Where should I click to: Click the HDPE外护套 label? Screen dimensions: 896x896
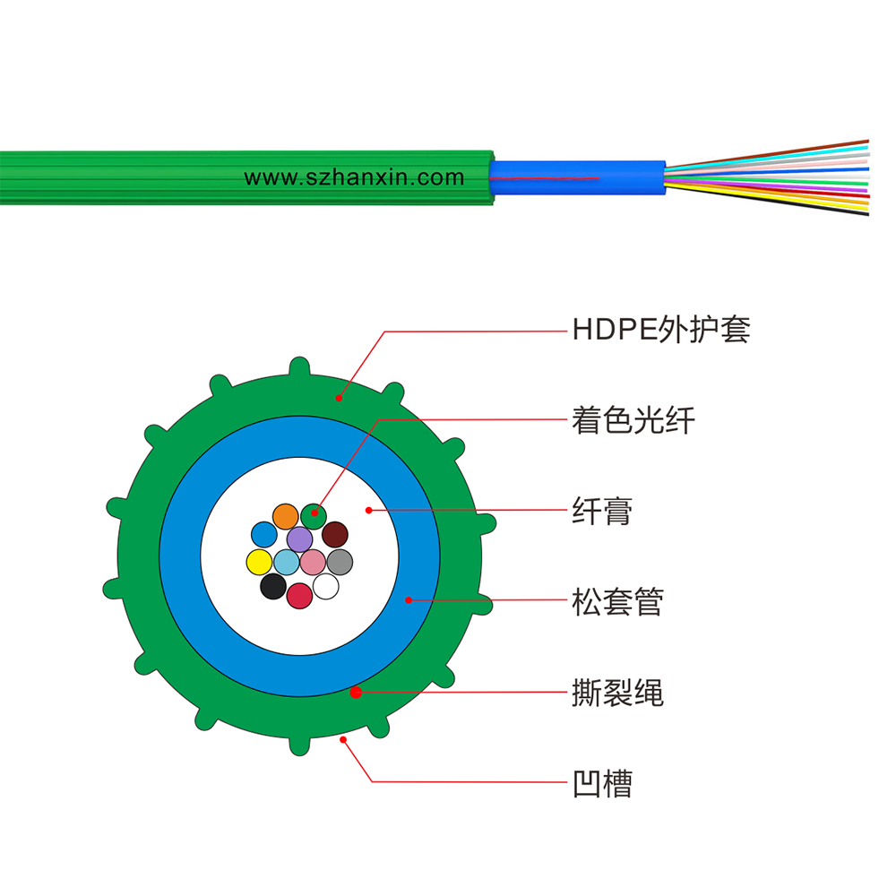point(661,330)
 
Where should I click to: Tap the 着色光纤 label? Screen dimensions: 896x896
point(633,420)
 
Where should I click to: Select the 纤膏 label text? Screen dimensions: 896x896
point(602,511)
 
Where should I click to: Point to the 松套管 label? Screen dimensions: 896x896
point(617,601)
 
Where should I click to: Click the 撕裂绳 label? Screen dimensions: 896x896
point(617,692)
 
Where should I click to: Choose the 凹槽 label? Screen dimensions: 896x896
point(602,783)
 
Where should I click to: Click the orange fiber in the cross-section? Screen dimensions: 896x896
point(285,517)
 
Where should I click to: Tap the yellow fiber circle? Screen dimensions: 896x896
point(260,562)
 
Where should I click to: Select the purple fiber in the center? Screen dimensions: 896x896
point(299,538)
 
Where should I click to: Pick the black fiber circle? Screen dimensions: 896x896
point(273,586)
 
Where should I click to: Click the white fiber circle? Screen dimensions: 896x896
point(326,586)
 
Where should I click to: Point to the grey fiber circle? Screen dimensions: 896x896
point(340,562)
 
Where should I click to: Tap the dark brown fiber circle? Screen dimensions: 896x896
point(335,534)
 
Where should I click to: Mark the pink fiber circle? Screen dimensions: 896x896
point(313,562)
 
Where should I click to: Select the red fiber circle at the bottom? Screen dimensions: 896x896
point(299,596)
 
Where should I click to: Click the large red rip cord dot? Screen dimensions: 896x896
point(356,693)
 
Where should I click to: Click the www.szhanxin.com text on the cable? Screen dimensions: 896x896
point(354,177)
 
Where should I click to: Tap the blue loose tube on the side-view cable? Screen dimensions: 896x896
point(577,177)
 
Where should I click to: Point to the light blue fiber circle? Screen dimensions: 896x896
point(287,562)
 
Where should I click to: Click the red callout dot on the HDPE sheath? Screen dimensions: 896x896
point(339,399)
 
